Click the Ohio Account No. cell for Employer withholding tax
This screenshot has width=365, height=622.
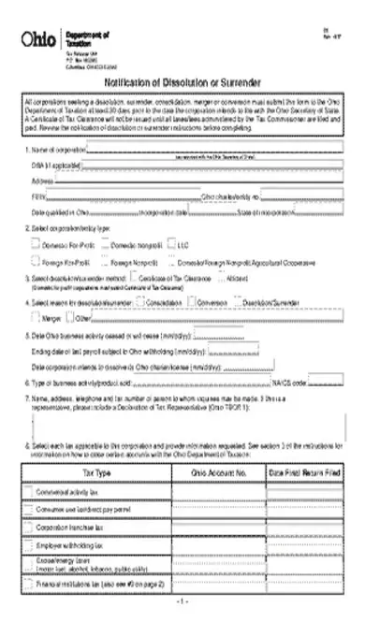218,545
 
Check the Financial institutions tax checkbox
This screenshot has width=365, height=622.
26,585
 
